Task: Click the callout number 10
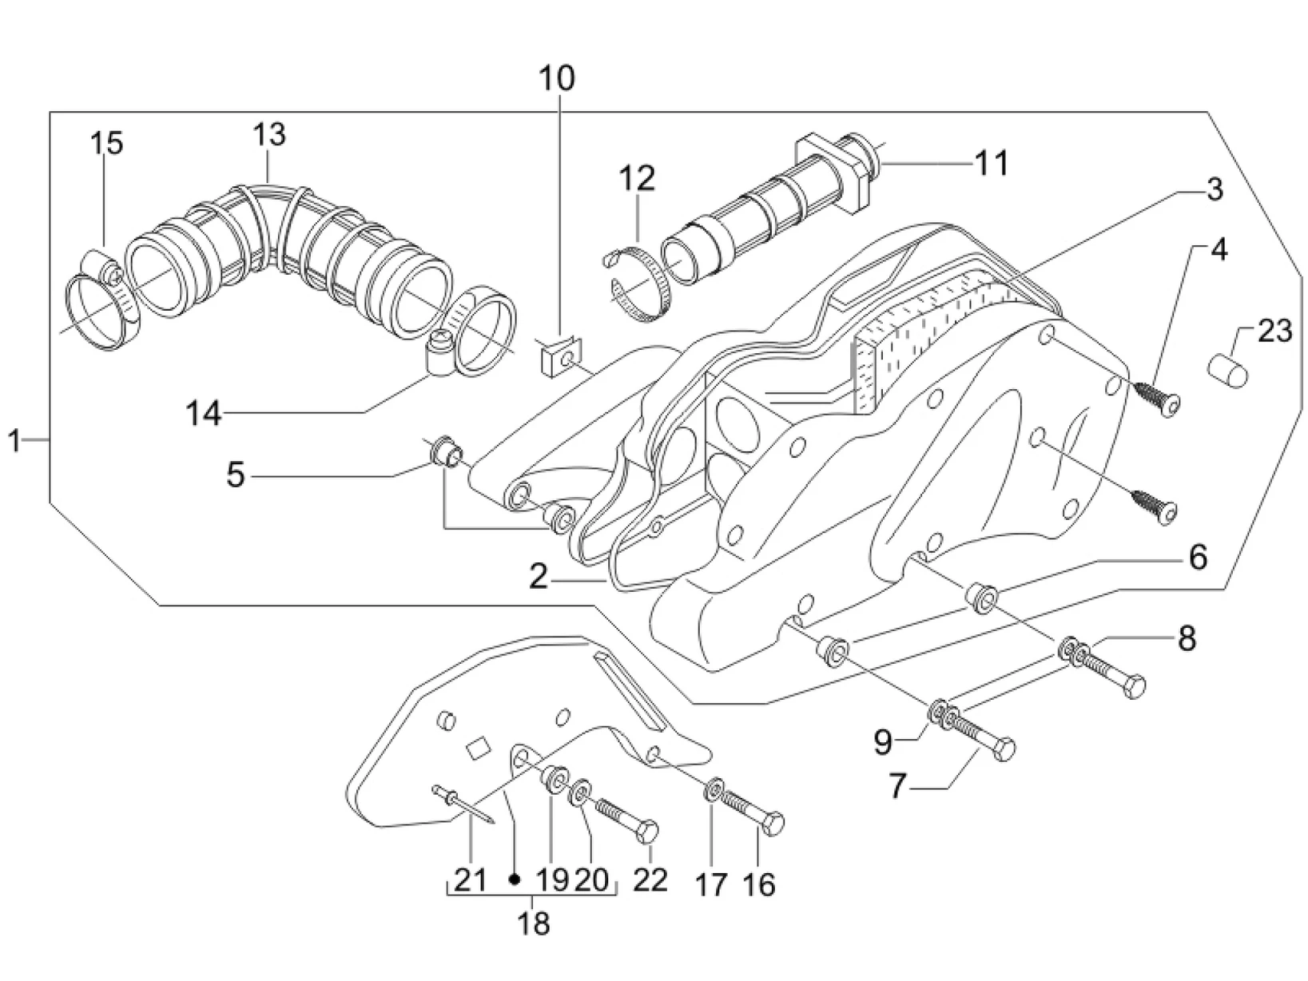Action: pyautogui.click(x=556, y=79)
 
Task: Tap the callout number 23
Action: pyautogui.click(x=1274, y=329)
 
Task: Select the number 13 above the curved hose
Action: pyautogui.click(x=269, y=134)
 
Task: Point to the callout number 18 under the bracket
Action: pyautogui.click(x=533, y=923)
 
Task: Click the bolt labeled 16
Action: pyautogui.click(x=752, y=810)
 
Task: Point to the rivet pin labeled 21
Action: pyautogui.click(x=465, y=802)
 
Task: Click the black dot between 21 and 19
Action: pyautogui.click(x=515, y=879)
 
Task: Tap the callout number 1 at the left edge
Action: pyautogui.click(x=14, y=440)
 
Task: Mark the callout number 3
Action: pyautogui.click(x=1213, y=189)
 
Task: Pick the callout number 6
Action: pyautogui.click(x=1197, y=557)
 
